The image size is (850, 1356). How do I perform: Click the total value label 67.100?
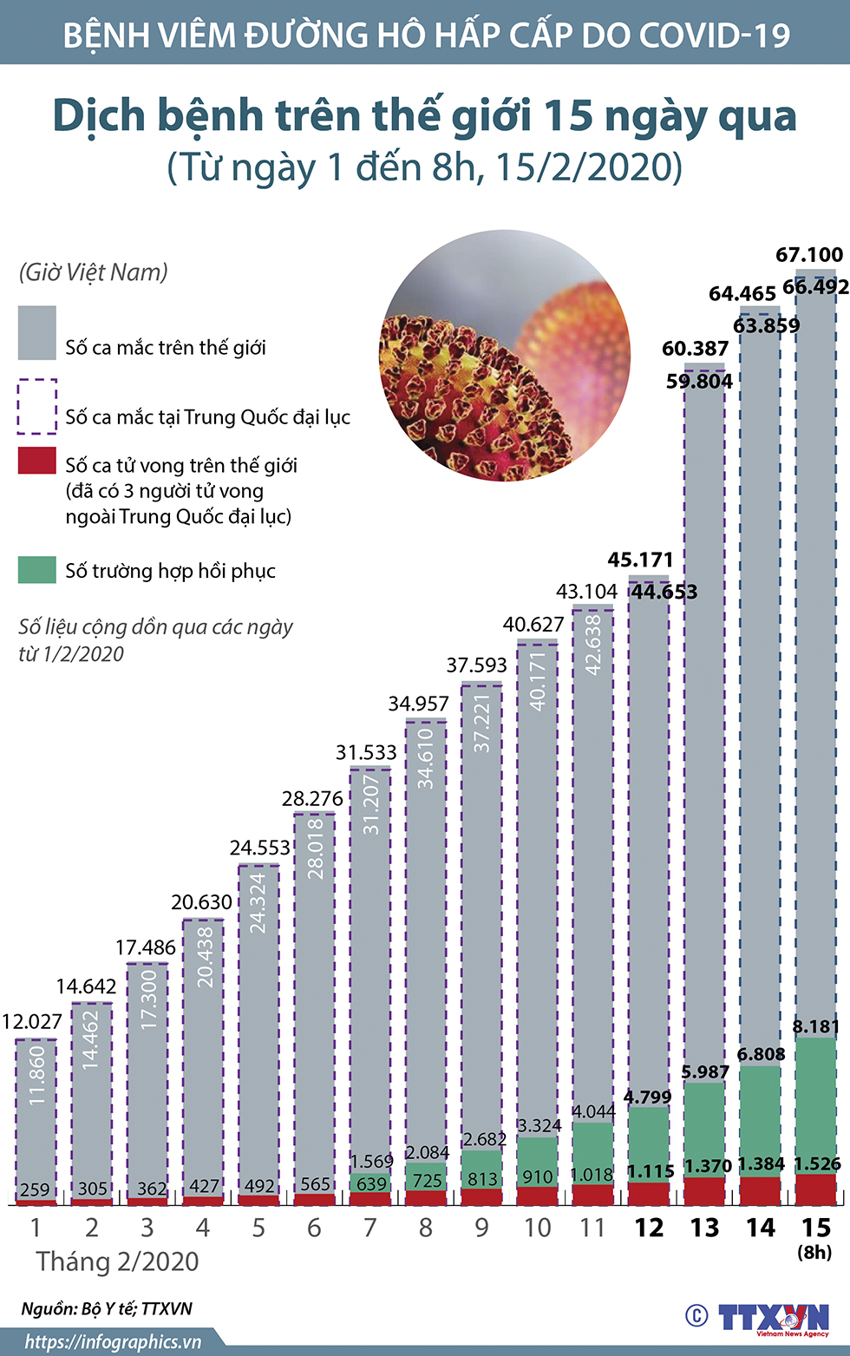(x=808, y=255)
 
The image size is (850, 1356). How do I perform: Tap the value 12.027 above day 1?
(x=31, y=1021)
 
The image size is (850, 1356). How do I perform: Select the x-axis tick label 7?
(x=370, y=1228)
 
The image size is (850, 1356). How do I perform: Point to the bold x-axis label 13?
(x=704, y=1228)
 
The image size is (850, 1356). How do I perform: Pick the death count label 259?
(x=35, y=1189)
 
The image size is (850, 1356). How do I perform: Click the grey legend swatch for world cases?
(x=37, y=332)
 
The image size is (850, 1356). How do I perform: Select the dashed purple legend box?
(x=37, y=406)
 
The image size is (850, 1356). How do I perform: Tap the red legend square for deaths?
(x=37, y=461)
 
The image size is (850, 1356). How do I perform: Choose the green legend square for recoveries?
(x=37, y=570)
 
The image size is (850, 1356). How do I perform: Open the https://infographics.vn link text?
(x=113, y=1342)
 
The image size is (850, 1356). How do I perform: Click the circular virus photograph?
(x=505, y=355)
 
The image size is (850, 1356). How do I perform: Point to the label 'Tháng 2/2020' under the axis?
(x=117, y=1261)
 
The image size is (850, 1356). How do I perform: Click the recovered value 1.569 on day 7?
(x=371, y=1161)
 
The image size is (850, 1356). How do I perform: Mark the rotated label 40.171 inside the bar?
(x=538, y=681)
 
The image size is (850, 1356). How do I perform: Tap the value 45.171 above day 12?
(x=640, y=560)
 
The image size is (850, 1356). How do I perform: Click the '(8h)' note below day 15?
(x=814, y=1252)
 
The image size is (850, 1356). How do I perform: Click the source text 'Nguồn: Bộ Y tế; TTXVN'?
(x=107, y=1308)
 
